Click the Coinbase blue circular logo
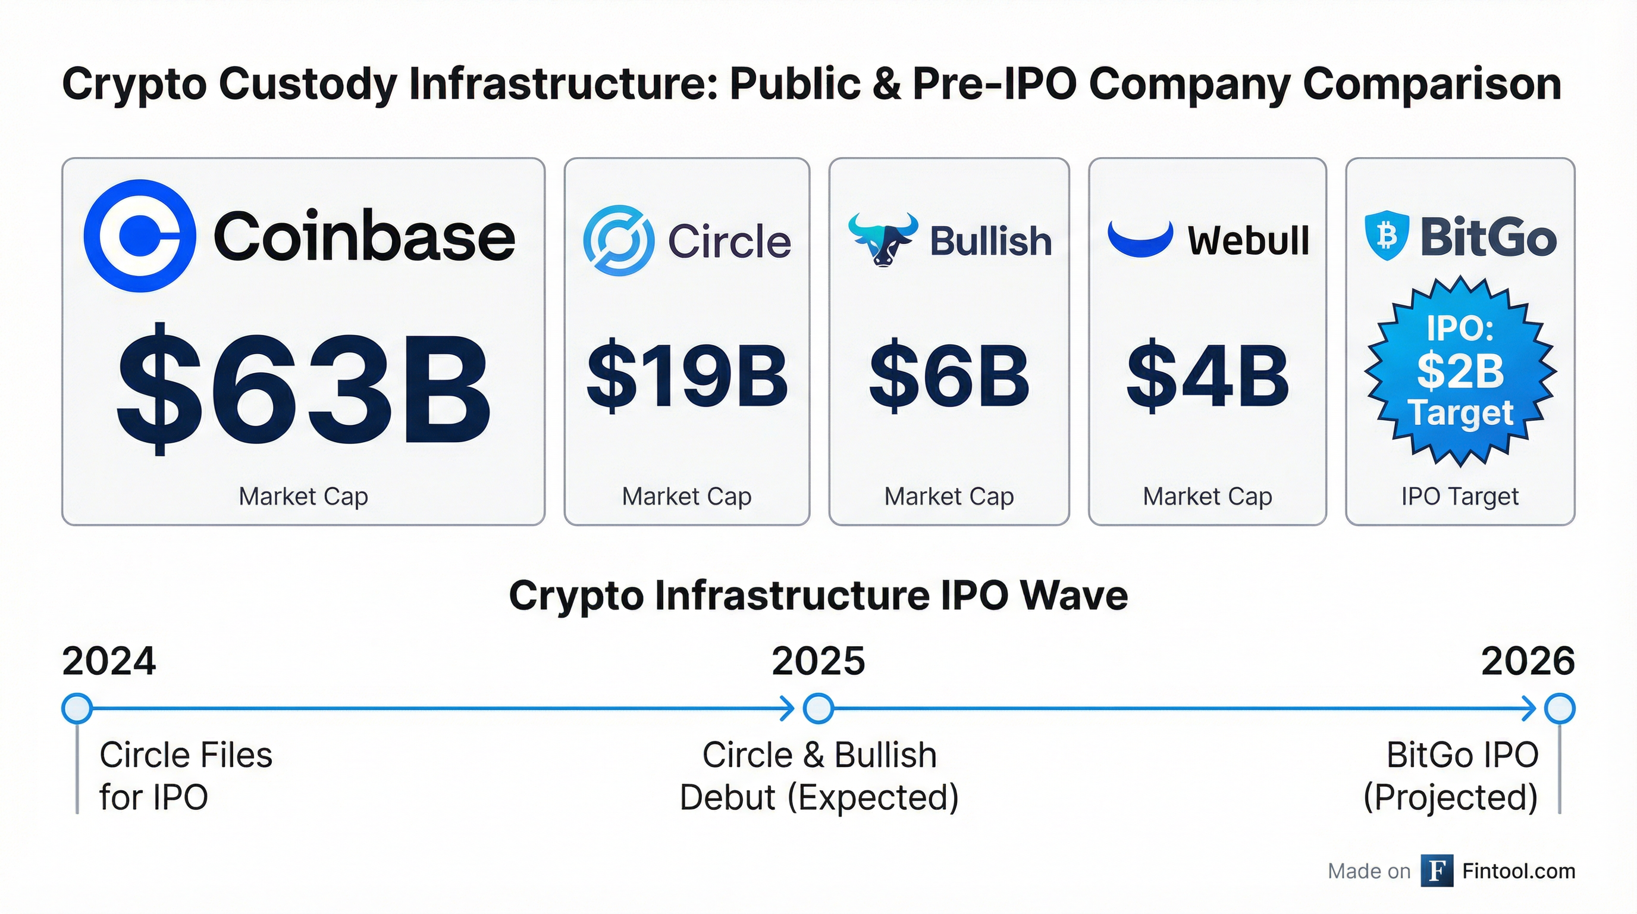140,236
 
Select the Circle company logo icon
618,240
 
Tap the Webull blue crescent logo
1140,239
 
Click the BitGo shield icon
1387,236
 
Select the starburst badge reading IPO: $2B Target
1460,372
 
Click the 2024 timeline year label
109,661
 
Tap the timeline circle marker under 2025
818,709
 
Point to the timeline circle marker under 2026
1560,709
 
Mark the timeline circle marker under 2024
77,709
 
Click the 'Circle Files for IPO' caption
186,775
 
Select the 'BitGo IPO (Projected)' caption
1452,775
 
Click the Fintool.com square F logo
1437,871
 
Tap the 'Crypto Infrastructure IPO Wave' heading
818,596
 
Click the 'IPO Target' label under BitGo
1460,496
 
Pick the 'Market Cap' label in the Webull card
1208,496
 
